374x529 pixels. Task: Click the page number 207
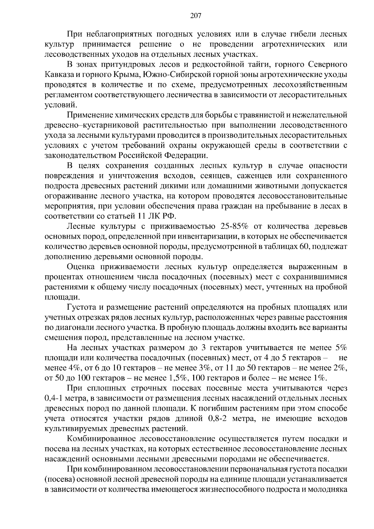(196, 16)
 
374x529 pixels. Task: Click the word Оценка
(82, 267)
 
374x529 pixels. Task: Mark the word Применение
(91, 115)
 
